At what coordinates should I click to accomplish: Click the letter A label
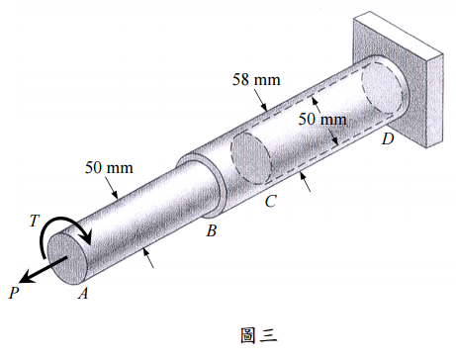pyautogui.click(x=83, y=293)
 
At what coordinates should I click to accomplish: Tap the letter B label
pyautogui.click(x=212, y=230)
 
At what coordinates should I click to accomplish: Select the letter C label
pyautogui.click(x=271, y=201)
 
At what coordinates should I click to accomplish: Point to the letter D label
pyautogui.click(x=388, y=138)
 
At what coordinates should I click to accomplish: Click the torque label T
pyautogui.click(x=35, y=221)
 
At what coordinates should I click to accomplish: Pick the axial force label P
pyautogui.click(x=14, y=293)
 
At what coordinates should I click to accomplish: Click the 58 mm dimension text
pyautogui.click(x=256, y=79)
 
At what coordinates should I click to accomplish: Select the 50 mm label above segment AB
pyautogui.click(x=109, y=167)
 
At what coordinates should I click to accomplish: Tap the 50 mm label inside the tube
pyautogui.click(x=322, y=119)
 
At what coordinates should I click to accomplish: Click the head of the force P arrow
pyautogui.click(x=25, y=278)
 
